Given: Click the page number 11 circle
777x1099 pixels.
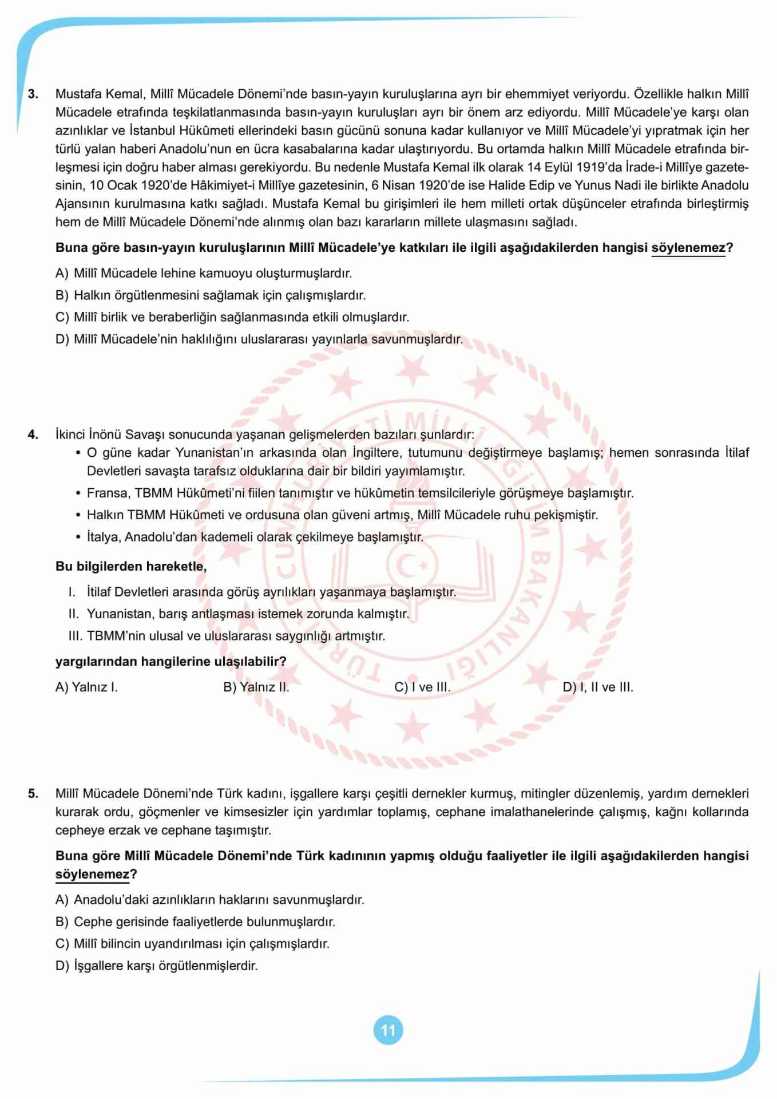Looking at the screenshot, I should click(388, 1030).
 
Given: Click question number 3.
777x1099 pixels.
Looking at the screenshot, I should click(33, 94).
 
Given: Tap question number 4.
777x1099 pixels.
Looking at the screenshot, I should click(33, 434).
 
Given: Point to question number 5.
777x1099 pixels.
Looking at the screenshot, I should click(33, 793).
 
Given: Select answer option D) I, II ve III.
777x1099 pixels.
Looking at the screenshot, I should click(598, 687).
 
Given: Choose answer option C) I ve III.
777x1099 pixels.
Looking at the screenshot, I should click(422, 687).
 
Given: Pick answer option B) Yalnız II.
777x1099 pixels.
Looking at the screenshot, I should click(256, 687).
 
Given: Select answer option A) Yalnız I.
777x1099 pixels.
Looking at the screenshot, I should click(86, 687).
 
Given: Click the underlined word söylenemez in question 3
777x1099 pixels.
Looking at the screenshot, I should click(688, 248).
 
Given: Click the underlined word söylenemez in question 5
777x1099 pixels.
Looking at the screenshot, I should click(92, 875).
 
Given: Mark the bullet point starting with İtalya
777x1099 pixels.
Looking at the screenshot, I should click(255, 537).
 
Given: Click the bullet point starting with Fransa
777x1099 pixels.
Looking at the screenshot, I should click(360, 493).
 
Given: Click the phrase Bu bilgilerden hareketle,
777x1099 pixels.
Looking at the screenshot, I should click(131, 567).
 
